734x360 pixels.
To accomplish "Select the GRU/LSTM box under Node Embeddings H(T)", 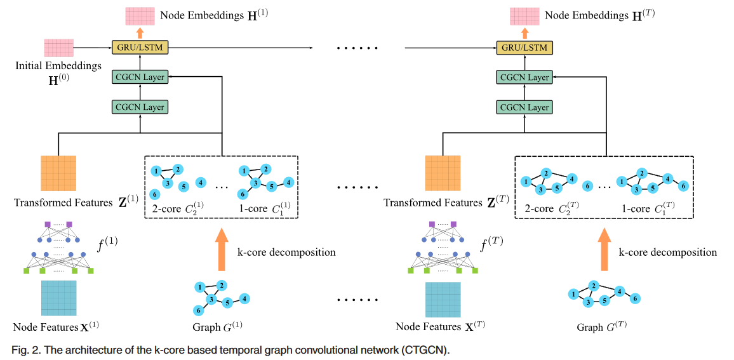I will click(x=524, y=48).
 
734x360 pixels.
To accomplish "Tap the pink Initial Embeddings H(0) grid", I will click(x=58, y=48).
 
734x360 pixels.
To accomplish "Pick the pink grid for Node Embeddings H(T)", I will click(x=524, y=15).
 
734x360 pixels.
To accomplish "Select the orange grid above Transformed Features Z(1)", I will click(x=58, y=174).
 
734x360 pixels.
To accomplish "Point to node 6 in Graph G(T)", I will click(x=636, y=298).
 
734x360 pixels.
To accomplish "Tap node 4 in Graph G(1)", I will click(x=244, y=298).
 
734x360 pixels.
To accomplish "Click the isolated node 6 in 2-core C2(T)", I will click(x=587, y=186).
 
